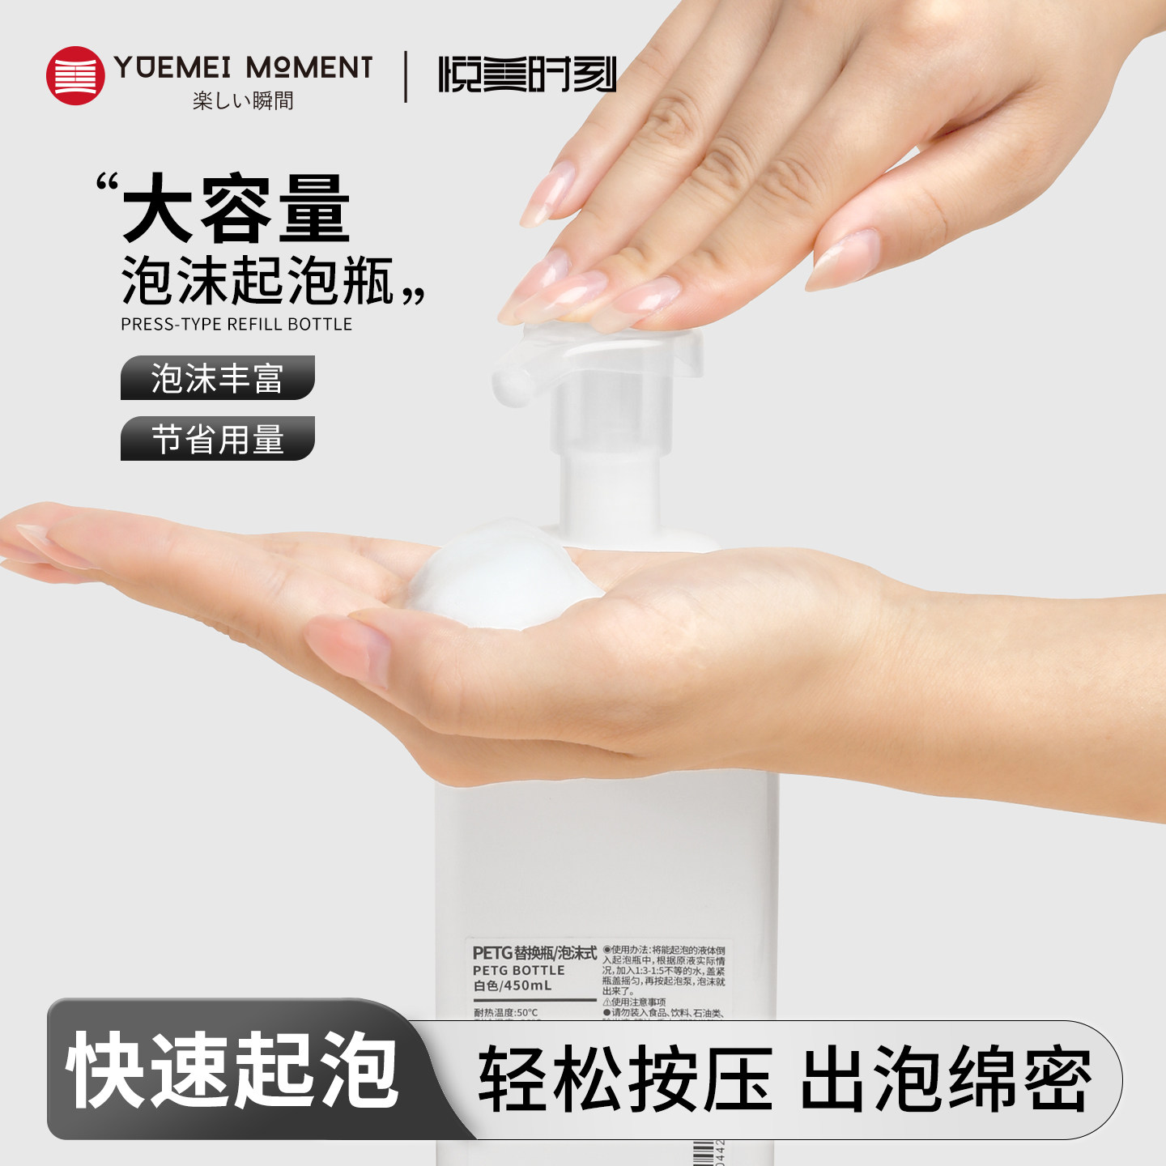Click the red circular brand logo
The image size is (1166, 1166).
click(75, 75)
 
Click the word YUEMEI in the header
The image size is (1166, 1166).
click(173, 67)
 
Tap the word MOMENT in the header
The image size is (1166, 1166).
click(309, 67)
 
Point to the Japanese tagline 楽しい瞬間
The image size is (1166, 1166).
click(243, 100)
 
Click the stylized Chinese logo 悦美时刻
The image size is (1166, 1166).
click(527, 74)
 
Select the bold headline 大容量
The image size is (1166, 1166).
click(236, 210)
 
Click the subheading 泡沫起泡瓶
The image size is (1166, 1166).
click(257, 281)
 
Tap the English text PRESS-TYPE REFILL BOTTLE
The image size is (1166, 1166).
click(236, 324)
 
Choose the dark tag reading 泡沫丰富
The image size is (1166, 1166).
click(217, 378)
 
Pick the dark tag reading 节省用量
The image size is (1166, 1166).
click(217, 439)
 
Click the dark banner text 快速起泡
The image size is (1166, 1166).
click(233, 1070)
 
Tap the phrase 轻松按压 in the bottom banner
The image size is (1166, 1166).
click(625, 1079)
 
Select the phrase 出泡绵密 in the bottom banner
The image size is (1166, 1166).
click(946, 1079)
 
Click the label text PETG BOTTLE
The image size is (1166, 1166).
click(518, 970)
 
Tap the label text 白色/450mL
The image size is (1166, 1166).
click(513, 985)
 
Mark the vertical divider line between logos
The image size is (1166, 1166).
click(406, 76)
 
